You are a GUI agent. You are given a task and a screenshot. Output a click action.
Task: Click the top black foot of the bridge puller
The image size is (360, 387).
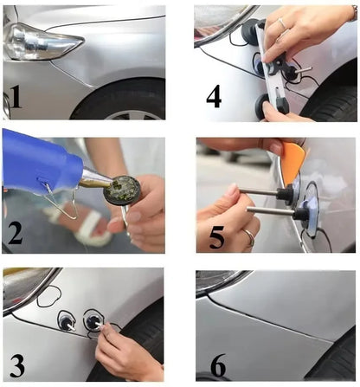[x=252, y=32]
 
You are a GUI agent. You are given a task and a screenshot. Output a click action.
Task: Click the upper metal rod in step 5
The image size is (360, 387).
[x=260, y=193]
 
